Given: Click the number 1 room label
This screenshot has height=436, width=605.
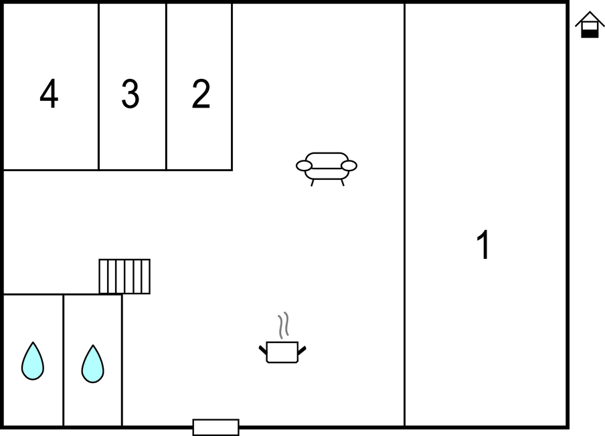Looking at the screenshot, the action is [483, 245].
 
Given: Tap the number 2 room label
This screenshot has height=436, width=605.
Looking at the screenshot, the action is [201, 94].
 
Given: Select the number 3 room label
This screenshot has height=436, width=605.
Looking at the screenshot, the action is [131, 94].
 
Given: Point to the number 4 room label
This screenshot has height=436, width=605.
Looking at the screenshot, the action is [49, 94].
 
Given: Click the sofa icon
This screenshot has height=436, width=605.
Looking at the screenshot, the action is [327, 169].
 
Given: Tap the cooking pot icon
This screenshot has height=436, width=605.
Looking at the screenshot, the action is [282, 352].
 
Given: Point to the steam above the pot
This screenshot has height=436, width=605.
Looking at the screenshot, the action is [284, 326].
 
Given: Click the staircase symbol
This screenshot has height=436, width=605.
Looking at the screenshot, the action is [124, 276].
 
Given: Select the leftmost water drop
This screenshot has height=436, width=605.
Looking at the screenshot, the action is [33, 361].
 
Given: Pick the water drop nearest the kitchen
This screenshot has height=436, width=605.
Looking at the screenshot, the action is [92, 364].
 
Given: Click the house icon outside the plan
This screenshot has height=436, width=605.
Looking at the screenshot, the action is [590, 24].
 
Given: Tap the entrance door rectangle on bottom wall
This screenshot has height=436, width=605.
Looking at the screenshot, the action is [216, 427].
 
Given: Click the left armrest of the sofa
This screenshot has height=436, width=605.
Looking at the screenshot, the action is [304, 166].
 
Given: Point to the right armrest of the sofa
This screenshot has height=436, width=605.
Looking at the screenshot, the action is [349, 166].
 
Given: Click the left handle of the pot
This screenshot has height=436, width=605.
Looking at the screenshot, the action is [263, 350].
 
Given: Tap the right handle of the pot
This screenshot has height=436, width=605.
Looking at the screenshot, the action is [302, 350].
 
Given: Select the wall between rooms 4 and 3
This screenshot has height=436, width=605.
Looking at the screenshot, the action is [99, 87].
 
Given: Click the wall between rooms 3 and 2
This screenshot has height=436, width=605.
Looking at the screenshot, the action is [166, 87].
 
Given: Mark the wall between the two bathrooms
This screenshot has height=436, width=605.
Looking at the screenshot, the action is [64, 360].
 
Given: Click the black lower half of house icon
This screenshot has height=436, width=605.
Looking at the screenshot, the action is [590, 33].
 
